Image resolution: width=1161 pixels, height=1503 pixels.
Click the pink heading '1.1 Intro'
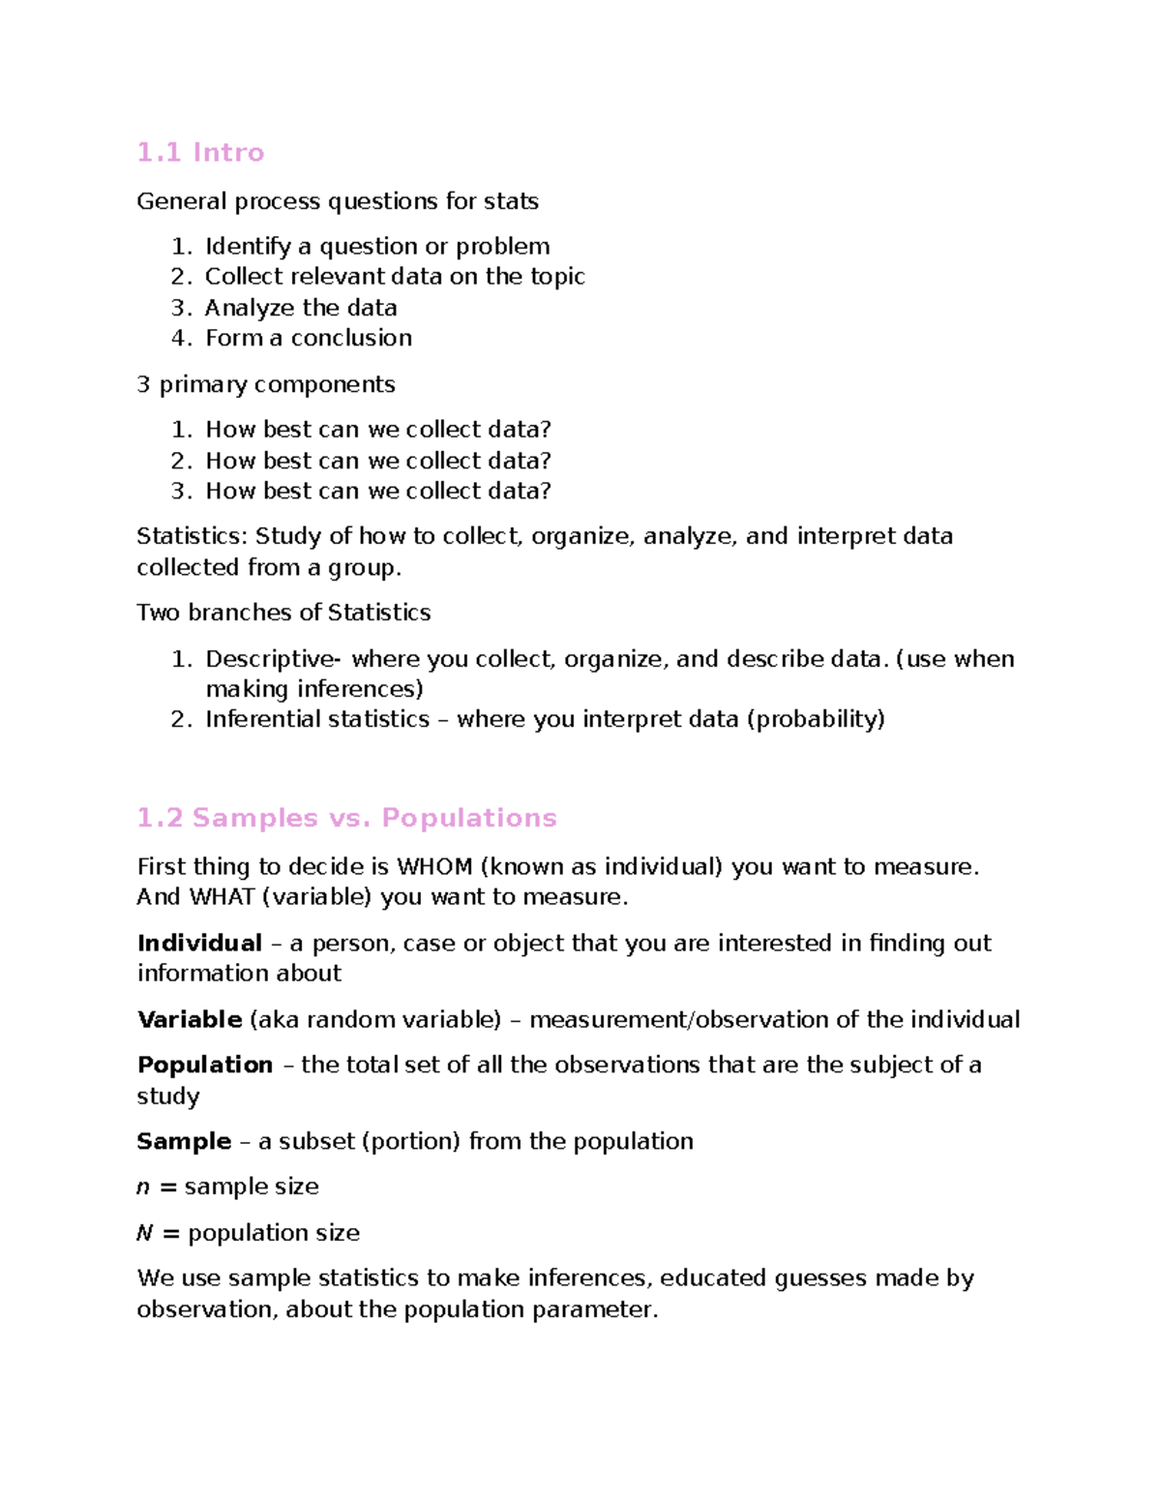click(x=200, y=153)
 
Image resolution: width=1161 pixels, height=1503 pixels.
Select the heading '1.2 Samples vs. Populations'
click(x=346, y=818)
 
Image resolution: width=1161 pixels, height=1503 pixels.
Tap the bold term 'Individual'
click(x=199, y=943)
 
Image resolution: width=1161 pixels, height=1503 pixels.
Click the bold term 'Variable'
click(x=190, y=1019)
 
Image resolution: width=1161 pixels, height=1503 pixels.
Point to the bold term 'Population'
click(x=205, y=1065)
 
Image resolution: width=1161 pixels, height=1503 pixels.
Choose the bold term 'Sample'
click(x=184, y=1141)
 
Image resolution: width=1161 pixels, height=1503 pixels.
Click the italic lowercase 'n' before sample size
click(x=143, y=1187)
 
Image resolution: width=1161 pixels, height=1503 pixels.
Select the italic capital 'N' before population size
click(x=144, y=1233)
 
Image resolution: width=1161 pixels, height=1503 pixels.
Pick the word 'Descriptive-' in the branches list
click(x=273, y=659)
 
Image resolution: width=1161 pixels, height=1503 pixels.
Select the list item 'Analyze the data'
click(x=301, y=308)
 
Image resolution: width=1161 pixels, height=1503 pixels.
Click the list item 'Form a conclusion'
click(x=309, y=338)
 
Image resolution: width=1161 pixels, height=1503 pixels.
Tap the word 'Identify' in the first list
click(x=248, y=247)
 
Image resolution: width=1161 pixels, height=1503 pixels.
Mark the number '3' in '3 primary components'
click(x=143, y=384)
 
